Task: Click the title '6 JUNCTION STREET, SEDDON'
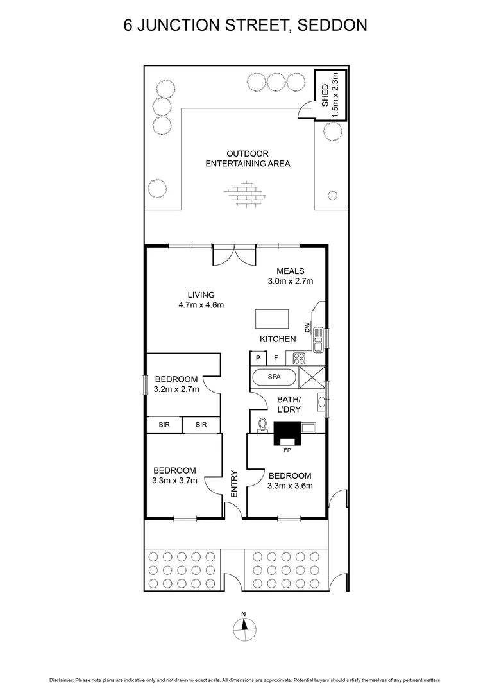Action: (245, 26)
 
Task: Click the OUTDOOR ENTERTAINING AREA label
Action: (248, 158)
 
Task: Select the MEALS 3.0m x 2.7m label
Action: (291, 276)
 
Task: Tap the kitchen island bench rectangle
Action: (272, 319)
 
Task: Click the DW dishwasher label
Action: (308, 328)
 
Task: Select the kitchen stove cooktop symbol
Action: (300, 358)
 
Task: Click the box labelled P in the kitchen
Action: (258, 358)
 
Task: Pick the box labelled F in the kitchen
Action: (276, 358)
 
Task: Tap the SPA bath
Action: (275, 377)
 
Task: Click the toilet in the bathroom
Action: (262, 424)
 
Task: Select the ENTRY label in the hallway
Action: (234, 484)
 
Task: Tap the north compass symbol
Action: (244, 628)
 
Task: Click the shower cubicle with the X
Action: (312, 377)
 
